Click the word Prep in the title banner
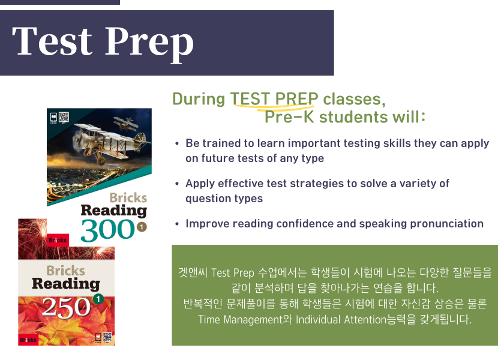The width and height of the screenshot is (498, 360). (x=149, y=43)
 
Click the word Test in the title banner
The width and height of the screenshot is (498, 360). (x=52, y=41)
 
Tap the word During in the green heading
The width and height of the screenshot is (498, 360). (x=199, y=99)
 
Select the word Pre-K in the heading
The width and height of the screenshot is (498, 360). (x=289, y=116)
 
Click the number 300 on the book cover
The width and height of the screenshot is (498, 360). (x=108, y=229)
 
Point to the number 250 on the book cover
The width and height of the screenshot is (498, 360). (x=66, y=307)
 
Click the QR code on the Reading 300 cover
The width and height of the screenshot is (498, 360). (x=64, y=117)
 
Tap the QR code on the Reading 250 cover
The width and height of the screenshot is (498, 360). (x=107, y=337)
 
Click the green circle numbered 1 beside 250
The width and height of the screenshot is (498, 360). (x=98, y=299)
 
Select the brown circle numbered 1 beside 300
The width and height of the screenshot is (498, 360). (x=142, y=227)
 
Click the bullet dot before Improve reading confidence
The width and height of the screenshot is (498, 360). (x=177, y=224)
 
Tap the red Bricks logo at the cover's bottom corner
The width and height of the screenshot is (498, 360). (x=28, y=340)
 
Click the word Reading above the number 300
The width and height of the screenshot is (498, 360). (x=114, y=211)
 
